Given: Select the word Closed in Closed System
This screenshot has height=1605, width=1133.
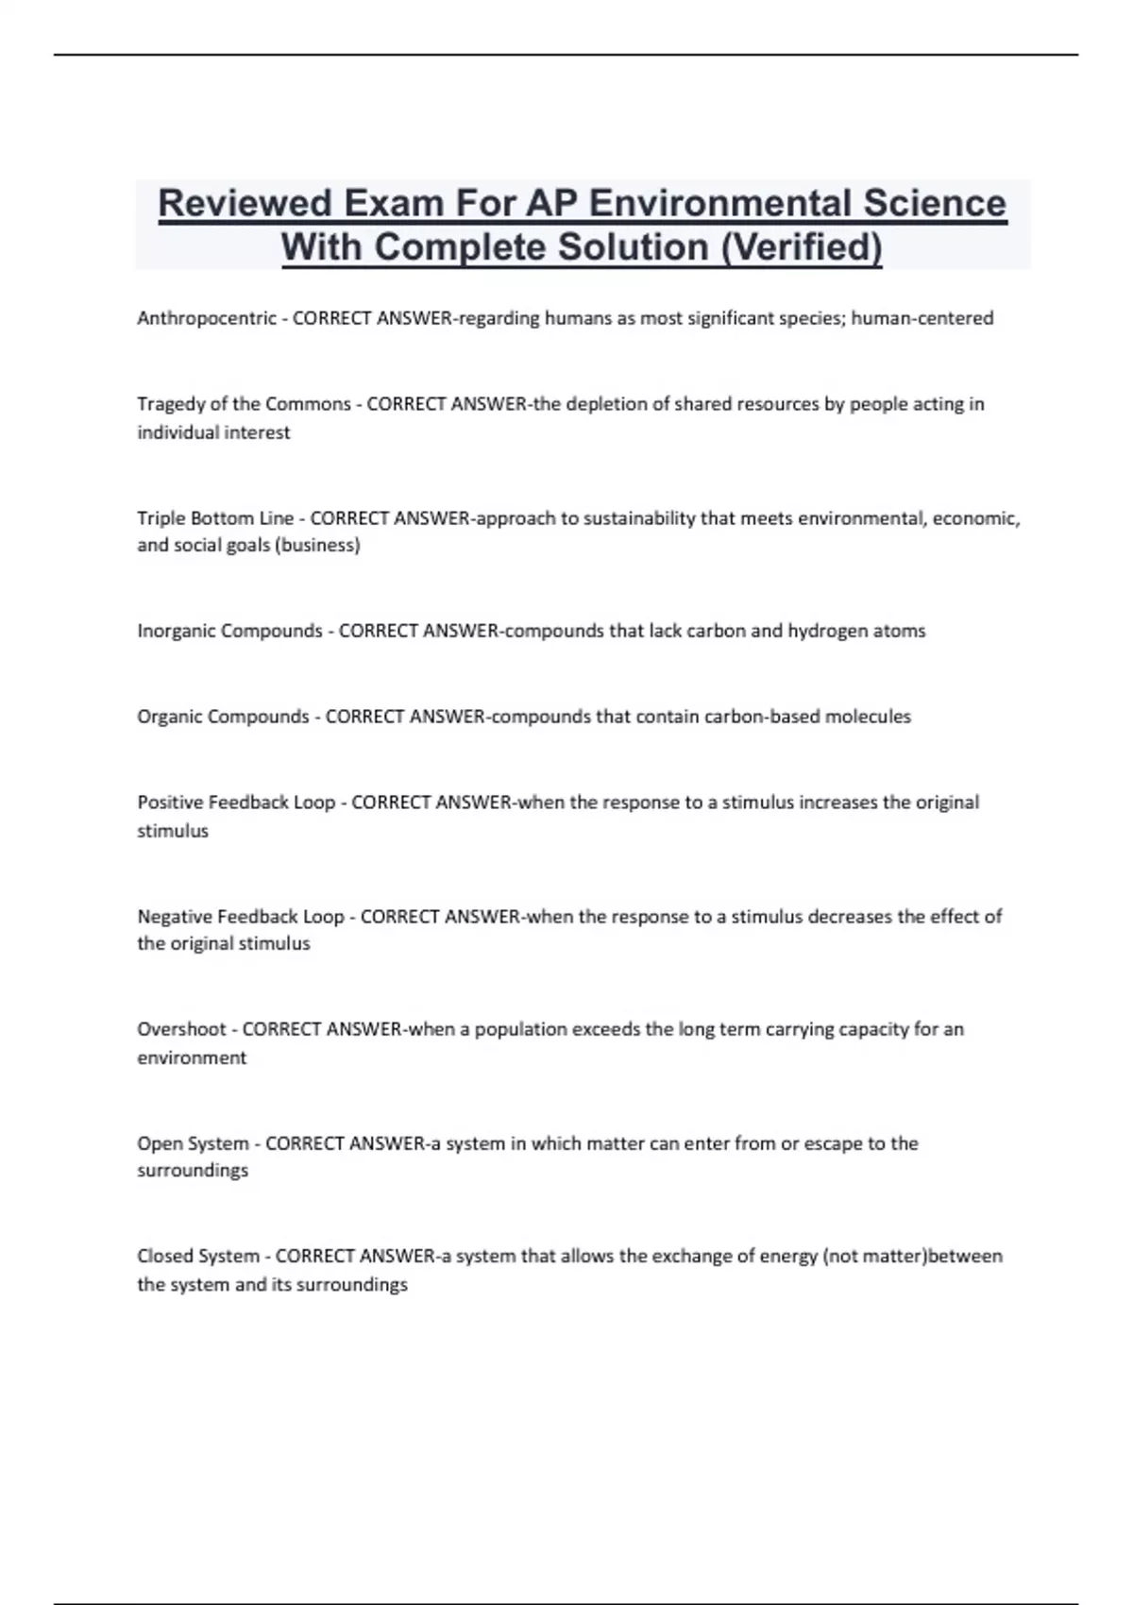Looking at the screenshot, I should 164,1257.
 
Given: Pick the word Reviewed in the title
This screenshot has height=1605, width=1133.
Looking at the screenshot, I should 245,203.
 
